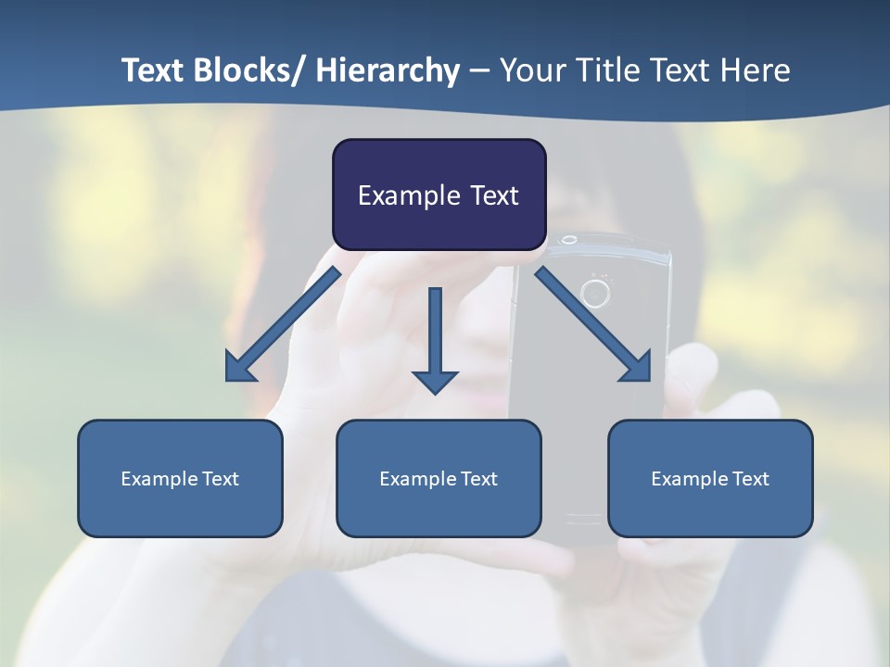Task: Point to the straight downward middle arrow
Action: [435, 337]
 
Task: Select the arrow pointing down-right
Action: [594, 324]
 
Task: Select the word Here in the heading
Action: [756, 70]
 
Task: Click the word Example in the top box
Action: [401, 195]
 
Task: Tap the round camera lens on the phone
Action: [594, 294]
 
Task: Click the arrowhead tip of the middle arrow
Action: [435, 393]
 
